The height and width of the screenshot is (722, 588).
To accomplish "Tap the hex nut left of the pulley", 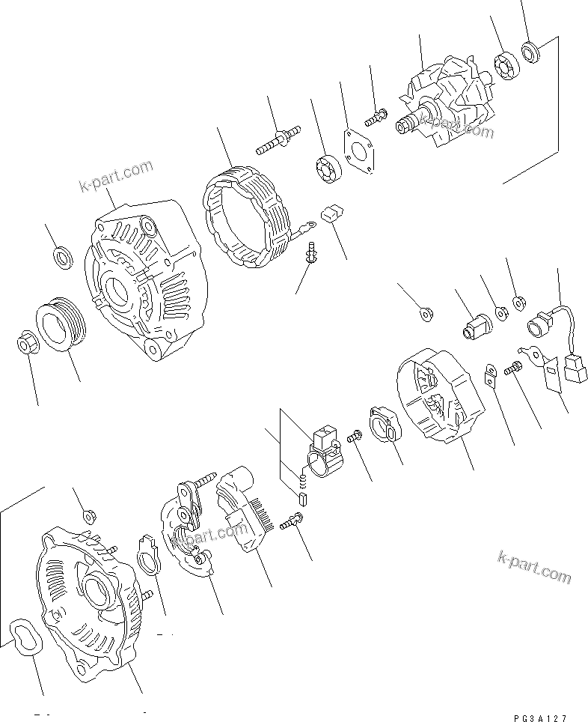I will tap(25, 344).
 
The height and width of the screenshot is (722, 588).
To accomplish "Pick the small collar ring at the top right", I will tap(533, 52).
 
